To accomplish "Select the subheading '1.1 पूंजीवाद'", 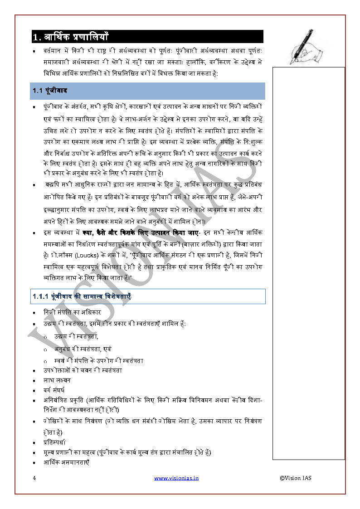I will click(x=50, y=91).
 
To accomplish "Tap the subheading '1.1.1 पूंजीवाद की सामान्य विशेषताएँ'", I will click(x=82, y=296).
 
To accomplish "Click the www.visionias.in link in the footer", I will click(x=176, y=478).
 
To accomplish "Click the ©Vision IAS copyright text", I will click(x=296, y=478).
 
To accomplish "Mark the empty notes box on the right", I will click(x=308, y=263).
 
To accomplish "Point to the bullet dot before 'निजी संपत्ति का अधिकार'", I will click(x=34, y=313).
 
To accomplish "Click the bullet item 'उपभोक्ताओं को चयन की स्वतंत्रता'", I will click(x=83, y=370).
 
